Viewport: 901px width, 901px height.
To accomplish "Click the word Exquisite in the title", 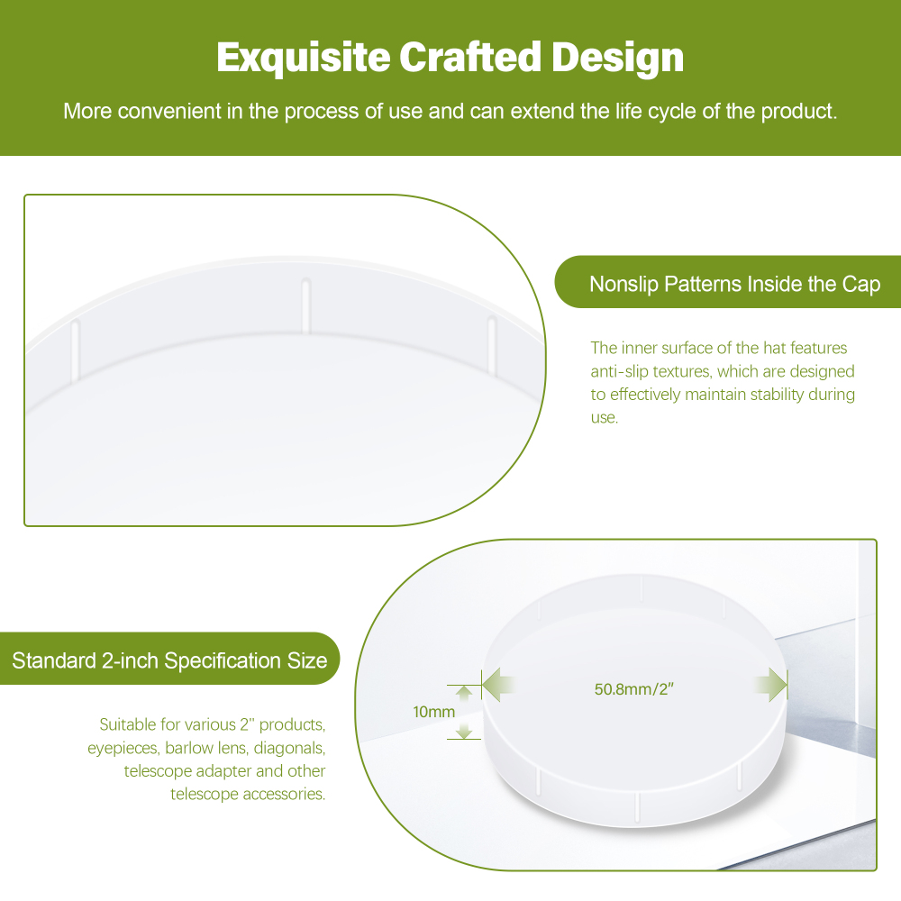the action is tap(304, 58).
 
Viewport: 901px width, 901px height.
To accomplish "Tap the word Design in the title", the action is tap(618, 58).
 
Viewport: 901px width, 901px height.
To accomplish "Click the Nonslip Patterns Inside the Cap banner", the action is tap(727, 282).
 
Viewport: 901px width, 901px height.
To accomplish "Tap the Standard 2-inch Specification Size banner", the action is tap(170, 659).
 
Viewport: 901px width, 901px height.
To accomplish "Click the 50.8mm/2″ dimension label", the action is tap(633, 689).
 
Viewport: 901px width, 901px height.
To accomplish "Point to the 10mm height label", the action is tap(434, 712).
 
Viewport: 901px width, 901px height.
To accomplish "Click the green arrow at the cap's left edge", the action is tap(498, 685).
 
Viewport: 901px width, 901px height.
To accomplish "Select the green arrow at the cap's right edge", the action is tap(770, 685).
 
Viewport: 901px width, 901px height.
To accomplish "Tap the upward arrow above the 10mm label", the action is tap(464, 693).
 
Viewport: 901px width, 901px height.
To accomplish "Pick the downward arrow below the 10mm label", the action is tap(464, 731).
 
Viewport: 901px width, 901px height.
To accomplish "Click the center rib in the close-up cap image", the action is tap(305, 305).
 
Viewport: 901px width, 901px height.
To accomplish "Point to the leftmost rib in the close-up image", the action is tap(75, 350).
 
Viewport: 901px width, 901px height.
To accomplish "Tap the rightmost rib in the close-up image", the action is tap(491, 345).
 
